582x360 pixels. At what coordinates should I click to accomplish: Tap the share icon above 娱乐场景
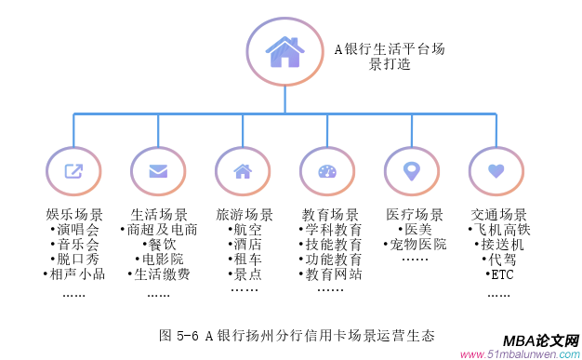pos(73,171)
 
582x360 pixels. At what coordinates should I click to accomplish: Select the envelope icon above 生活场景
pos(158,171)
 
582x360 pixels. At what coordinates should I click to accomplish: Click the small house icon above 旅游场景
pos(243,171)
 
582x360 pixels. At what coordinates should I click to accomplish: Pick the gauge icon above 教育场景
pos(327,171)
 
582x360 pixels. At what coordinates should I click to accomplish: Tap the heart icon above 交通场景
pos(496,171)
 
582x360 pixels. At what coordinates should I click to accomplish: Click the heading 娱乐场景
pos(74,214)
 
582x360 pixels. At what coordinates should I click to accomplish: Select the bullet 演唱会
pos(77,229)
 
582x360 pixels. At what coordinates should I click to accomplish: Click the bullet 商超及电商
pos(160,229)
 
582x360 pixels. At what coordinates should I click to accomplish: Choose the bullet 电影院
pos(160,259)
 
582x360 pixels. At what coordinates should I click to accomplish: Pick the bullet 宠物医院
pos(416,244)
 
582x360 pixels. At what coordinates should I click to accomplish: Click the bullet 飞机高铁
pos(499,229)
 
